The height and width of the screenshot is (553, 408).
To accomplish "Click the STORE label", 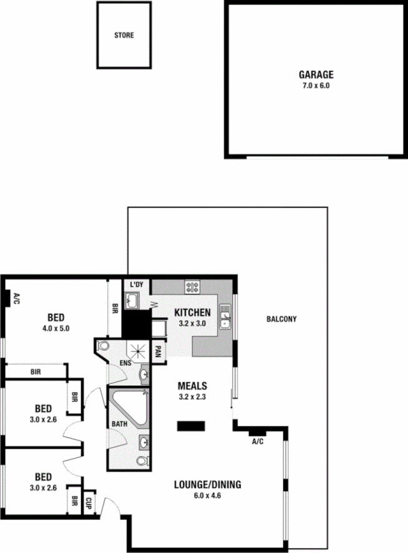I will click(124, 36).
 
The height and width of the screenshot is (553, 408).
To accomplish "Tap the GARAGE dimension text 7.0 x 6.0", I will click(314, 85).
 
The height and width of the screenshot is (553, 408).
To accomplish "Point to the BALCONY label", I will click(281, 319).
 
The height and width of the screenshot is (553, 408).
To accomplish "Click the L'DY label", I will click(136, 285).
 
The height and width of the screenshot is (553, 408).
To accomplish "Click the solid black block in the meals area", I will click(191, 426).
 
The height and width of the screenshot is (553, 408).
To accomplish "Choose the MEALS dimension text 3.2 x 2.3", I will click(192, 396).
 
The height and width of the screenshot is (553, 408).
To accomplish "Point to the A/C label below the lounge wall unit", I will click(257, 441).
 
